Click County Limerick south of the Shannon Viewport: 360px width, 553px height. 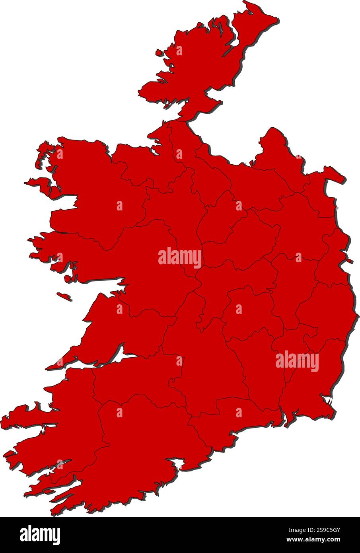pos(131,378)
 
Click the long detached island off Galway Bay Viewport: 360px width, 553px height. pos(64,296)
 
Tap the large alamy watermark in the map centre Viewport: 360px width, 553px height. pos(180,257)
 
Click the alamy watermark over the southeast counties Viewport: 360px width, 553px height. pos(297,362)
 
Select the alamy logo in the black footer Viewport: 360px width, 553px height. pos(40,535)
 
